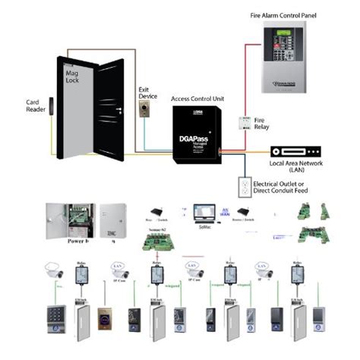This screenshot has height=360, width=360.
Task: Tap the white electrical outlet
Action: click(245, 185)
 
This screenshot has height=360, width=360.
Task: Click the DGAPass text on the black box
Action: click(191, 140)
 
